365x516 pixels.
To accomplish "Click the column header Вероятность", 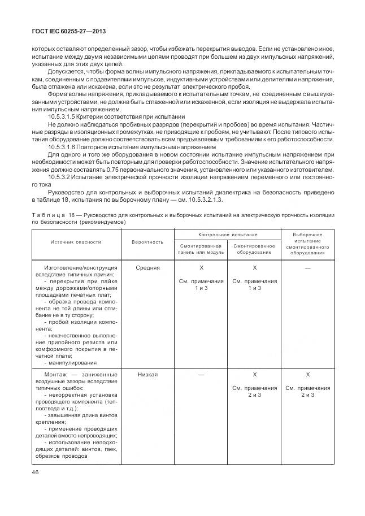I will pos(147,241).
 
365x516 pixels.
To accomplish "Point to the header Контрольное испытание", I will pos(228,233).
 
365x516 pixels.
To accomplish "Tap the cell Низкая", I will pos(147,374).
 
